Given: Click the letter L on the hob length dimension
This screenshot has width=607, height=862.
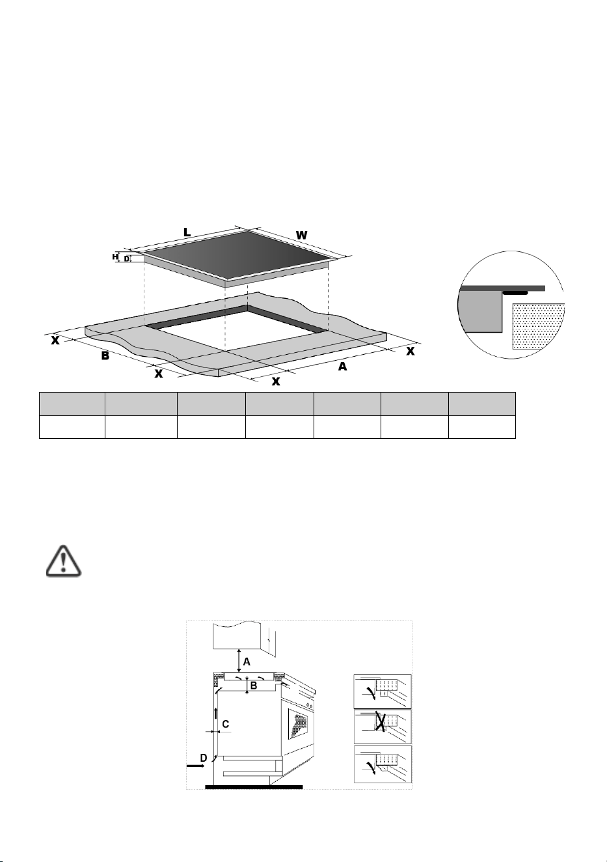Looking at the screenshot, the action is pyautogui.click(x=187, y=232).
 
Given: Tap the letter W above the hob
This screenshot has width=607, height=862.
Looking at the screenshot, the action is pyautogui.click(x=302, y=235).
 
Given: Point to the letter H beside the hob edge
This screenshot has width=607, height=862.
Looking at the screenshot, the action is pyautogui.click(x=115, y=257).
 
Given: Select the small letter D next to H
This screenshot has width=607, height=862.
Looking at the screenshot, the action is pyautogui.click(x=126, y=259).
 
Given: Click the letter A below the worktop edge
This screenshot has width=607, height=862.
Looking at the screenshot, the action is pyautogui.click(x=342, y=367).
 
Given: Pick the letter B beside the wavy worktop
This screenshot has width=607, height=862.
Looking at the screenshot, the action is pyautogui.click(x=105, y=356).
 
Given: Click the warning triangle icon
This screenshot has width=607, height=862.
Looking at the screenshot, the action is pyautogui.click(x=64, y=561).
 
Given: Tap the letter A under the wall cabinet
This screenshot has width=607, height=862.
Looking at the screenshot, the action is pyautogui.click(x=247, y=662).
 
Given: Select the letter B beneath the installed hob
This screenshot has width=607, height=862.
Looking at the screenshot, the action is pyautogui.click(x=254, y=686).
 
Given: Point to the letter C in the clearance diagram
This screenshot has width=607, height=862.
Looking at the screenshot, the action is pyautogui.click(x=225, y=724).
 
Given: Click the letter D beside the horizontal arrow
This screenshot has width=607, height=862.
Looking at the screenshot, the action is pyautogui.click(x=204, y=758).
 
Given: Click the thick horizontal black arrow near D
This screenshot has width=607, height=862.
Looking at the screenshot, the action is pyautogui.click(x=196, y=766).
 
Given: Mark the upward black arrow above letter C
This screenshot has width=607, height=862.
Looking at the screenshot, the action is pyautogui.click(x=216, y=713).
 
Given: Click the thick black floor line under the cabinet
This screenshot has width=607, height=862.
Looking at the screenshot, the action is pyautogui.click(x=254, y=787).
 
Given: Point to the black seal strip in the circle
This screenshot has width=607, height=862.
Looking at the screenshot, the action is pyautogui.click(x=515, y=293).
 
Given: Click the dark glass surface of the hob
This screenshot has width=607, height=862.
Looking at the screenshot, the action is pyautogui.click(x=239, y=255).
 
